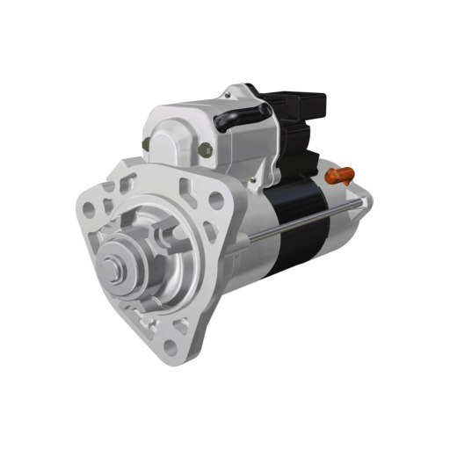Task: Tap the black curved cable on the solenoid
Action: point(242,115)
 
